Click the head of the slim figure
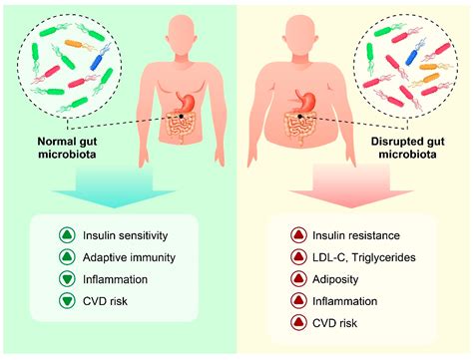[177, 30]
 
